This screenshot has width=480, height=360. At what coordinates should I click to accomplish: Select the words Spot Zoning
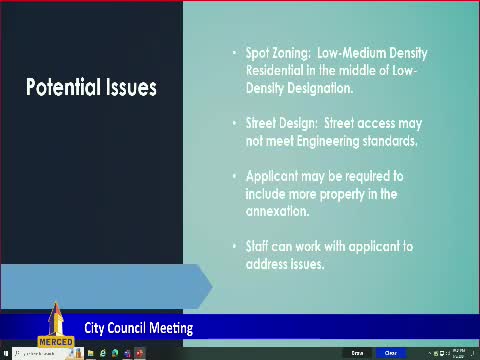click(271, 52)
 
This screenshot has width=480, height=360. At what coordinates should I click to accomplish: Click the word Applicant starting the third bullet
click(275, 175)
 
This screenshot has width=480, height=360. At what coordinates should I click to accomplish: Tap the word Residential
click(276, 71)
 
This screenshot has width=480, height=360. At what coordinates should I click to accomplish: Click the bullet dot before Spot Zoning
click(235, 53)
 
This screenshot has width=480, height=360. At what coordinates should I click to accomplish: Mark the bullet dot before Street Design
click(235, 123)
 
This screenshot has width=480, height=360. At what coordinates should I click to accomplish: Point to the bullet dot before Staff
click(235, 246)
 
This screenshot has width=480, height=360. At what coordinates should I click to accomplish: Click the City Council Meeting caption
click(138, 328)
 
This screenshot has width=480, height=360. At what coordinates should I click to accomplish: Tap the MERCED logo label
click(56, 340)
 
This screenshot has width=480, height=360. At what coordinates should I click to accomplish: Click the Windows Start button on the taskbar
click(5, 353)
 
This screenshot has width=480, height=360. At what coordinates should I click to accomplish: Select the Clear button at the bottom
click(391, 353)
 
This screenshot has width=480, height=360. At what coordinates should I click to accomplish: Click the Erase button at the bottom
click(357, 353)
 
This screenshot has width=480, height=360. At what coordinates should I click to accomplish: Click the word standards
click(389, 141)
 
